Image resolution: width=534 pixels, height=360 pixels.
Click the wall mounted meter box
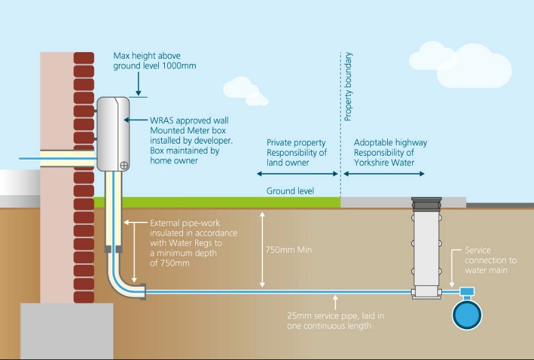click(113, 133)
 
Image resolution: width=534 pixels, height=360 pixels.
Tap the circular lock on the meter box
click(124, 164)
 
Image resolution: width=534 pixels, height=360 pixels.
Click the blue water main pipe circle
click(467, 315)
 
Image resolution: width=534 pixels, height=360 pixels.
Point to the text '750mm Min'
click(289, 250)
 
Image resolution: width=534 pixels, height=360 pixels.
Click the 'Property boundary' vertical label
click(349, 87)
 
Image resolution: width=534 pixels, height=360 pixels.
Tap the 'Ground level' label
click(290, 191)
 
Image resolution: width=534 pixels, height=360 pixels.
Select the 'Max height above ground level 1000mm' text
click(155, 61)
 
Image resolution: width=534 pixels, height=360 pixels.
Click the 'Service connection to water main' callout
click(490, 260)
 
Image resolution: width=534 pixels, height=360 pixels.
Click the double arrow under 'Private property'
click(297, 174)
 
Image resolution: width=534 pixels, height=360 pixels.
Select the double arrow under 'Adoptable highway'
click(384, 174)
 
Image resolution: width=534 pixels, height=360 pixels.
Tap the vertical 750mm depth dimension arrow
click(262, 249)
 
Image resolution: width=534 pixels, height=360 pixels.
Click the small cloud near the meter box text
click(245, 90)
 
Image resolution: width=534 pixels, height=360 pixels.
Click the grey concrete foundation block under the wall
click(67, 330)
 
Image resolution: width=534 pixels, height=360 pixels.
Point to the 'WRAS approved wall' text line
click(190, 121)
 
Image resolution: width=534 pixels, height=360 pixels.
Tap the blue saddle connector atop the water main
click(467, 293)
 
